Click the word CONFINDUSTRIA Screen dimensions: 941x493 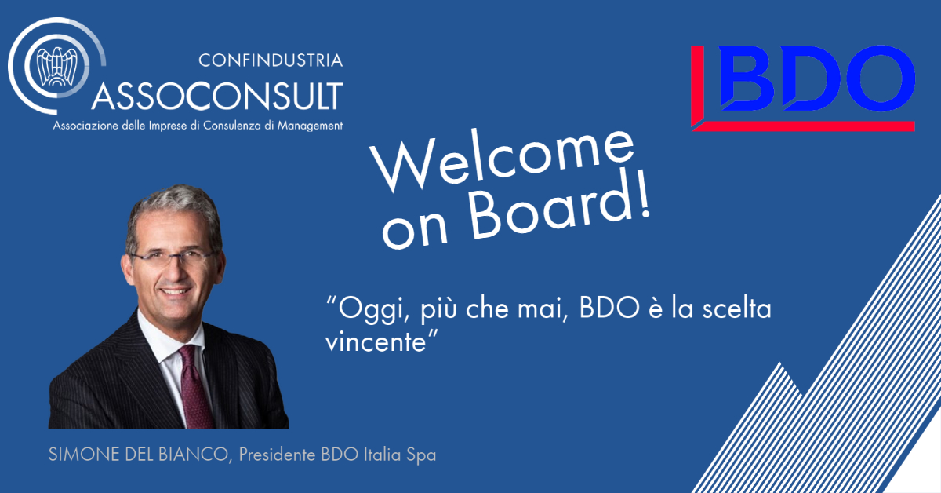click(271, 60)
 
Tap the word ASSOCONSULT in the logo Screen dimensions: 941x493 click(217, 96)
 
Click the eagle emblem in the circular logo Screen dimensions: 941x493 click(57, 66)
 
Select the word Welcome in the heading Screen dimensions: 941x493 click(502, 159)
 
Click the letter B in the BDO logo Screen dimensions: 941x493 click(747, 79)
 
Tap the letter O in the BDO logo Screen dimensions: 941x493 click(881, 79)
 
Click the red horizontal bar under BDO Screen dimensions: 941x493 click(803, 126)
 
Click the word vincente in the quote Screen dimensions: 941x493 click(376, 342)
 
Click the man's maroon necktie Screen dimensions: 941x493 click(195, 387)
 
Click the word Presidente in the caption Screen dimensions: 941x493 click(278, 455)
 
